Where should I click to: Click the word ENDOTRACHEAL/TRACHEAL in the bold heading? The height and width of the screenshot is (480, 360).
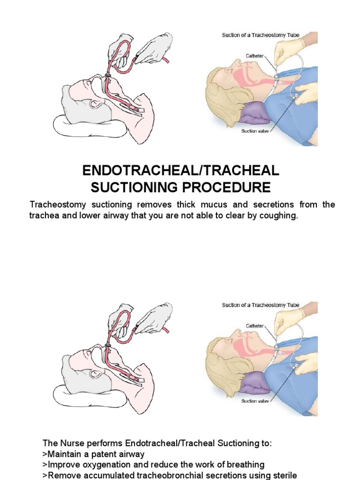[x=181, y=170]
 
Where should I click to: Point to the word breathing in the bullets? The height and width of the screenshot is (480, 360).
[x=243, y=465]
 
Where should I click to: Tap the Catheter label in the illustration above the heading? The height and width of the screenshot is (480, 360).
[x=255, y=55]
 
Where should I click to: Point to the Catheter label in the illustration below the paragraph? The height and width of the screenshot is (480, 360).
[x=255, y=325]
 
